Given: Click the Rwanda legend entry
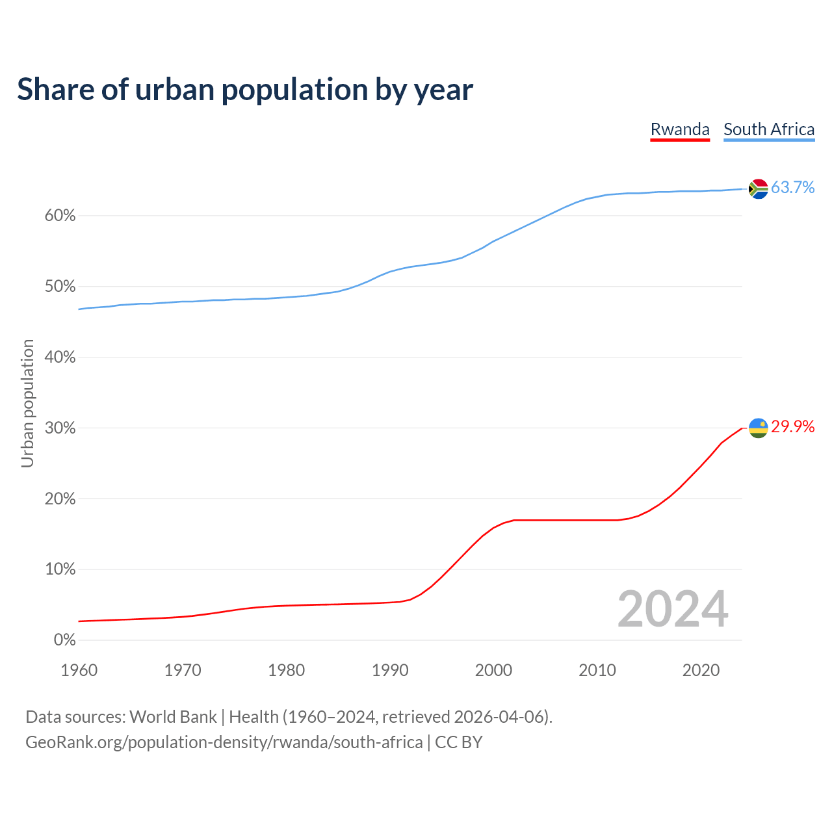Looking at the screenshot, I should (x=680, y=129).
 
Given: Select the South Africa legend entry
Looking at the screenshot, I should (x=769, y=129).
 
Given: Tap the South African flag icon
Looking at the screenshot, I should (x=759, y=188).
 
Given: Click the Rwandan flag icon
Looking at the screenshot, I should (x=759, y=428).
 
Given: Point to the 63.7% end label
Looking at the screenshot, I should (x=793, y=187).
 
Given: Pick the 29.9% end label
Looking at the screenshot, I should (x=793, y=426).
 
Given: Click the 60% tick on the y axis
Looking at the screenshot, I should (x=60, y=216).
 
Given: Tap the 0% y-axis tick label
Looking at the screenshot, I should (x=64, y=640).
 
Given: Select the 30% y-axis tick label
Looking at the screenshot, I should (x=60, y=428).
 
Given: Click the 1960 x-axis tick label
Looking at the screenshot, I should (x=79, y=670).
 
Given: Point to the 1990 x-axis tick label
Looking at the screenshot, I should (x=390, y=670).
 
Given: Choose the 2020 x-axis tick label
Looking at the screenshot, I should (x=701, y=670).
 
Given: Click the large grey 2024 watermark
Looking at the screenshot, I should (x=673, y=609).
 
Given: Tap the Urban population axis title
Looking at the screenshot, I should (x=27, y=403).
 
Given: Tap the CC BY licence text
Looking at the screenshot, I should (x=459, y=742).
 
